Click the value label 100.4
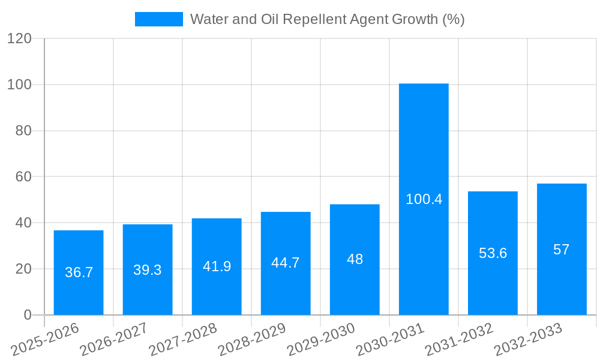(424, 199)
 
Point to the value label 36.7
(79, 272)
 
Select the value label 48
(355, 259)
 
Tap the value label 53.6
(493, 253)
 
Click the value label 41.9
(217, 266)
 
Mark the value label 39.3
(148, 270)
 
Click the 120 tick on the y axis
(19, 38)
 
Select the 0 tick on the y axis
(27, 315)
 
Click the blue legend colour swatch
(158, 19)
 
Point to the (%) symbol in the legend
(453, 19)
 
